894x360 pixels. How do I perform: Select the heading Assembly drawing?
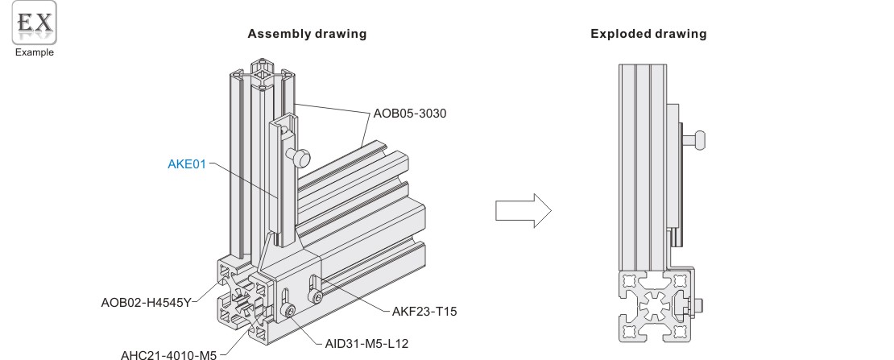(x=308, y=35)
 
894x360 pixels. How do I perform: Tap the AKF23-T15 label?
(x=424, y=308)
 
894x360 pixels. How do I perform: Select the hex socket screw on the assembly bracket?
(x=288, y=311)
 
